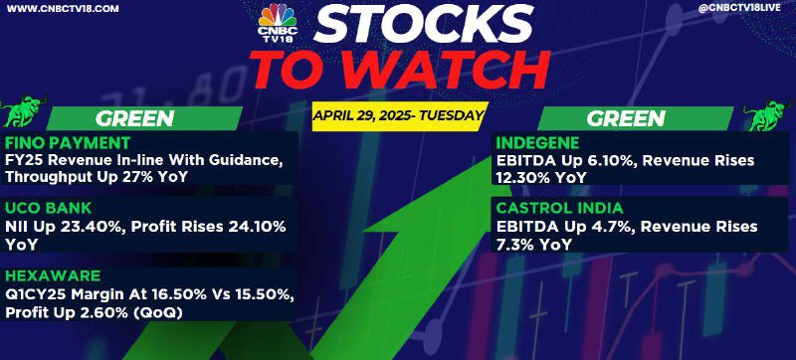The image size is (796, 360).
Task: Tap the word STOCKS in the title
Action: click(424, 24)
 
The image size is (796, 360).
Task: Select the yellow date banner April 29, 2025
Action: click(397, 116)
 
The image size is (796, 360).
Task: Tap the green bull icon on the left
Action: click(24, 110)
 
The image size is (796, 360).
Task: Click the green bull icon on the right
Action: click(768, 116)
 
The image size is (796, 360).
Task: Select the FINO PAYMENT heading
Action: click(68, 142)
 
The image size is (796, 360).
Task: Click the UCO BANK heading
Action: click(49, 208)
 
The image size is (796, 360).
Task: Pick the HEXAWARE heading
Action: click(54, 275)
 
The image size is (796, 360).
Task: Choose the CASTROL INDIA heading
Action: click(559, 208)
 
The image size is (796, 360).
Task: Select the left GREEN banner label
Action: click(134, 118)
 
